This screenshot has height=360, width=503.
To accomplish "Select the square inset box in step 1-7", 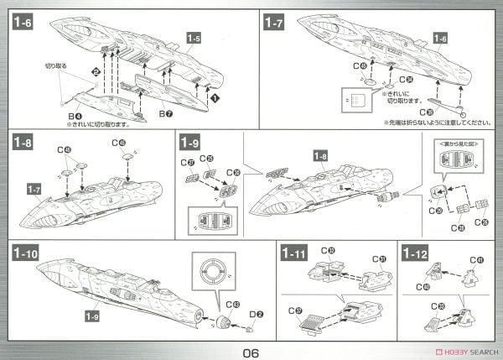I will [355, 100].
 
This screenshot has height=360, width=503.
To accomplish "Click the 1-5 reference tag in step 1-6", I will [194, 38].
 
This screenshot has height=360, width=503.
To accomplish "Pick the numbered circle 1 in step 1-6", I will [215, 98].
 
